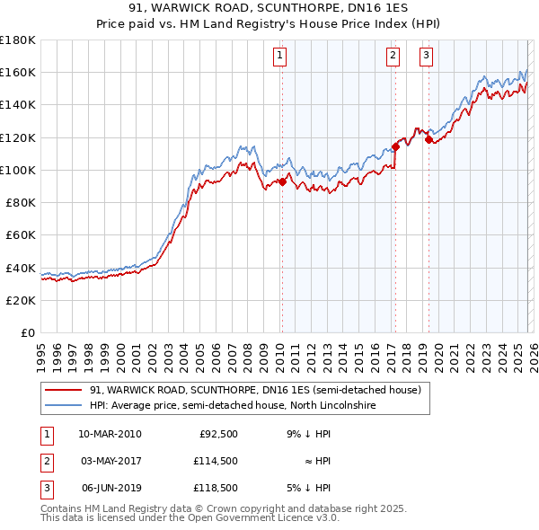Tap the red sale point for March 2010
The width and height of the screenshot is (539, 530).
click(x=282, y=181)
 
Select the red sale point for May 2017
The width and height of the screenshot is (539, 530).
click(x=395, y=146)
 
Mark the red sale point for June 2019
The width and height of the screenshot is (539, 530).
click(x=429, y=139)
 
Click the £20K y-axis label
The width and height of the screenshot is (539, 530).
click(x=21, y=300)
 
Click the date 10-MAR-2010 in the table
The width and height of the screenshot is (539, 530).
click(x=110, y=434)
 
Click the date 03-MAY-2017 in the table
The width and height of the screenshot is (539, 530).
click(x=110, y=461)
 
